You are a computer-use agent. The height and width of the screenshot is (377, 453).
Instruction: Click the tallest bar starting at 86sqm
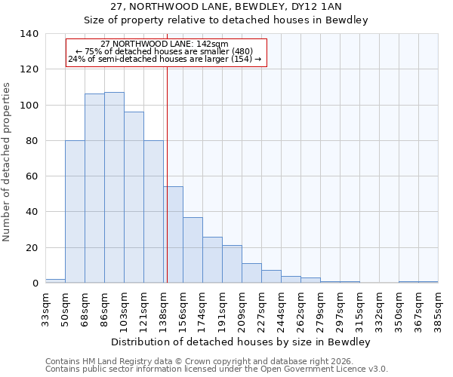pyautogui.click(x=114, y=188)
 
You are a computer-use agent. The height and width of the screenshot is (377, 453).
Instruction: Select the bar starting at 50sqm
pyautogui.click(x=75, y=212)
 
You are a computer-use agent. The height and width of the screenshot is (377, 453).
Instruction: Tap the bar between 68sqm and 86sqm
pyautogui.click(x=94, y=188)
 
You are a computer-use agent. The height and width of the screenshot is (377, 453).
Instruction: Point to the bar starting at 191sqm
pyautogui.click(x=232, y=264)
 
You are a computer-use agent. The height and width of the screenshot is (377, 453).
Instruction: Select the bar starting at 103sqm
pyautogui.click(x=134, y=198)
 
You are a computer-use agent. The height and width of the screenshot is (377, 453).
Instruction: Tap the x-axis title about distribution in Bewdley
pyautogui.click(x=242, y=342)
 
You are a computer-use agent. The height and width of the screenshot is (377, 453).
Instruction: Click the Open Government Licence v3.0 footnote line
pyautogui.click(x=217, y=369)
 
